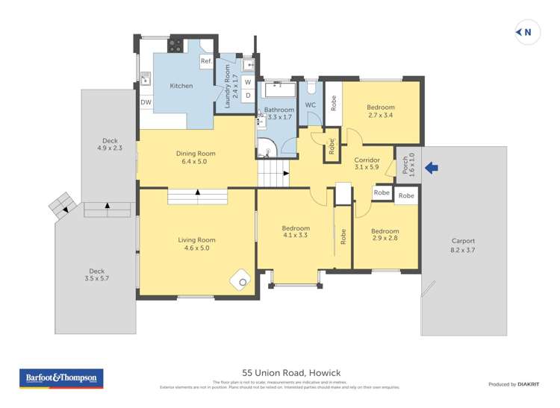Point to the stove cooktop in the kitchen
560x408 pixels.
175,45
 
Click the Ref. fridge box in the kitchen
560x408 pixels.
205,61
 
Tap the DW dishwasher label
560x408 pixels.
146,102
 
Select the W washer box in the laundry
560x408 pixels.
248,82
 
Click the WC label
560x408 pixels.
311,104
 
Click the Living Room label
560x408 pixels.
196,240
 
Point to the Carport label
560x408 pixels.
463,241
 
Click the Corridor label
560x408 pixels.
367,160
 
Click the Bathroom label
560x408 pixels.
279,110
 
